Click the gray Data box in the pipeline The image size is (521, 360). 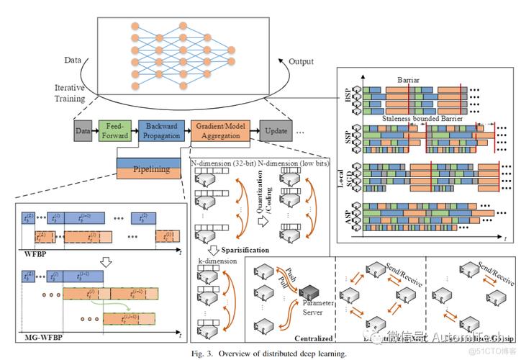[83, 132]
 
